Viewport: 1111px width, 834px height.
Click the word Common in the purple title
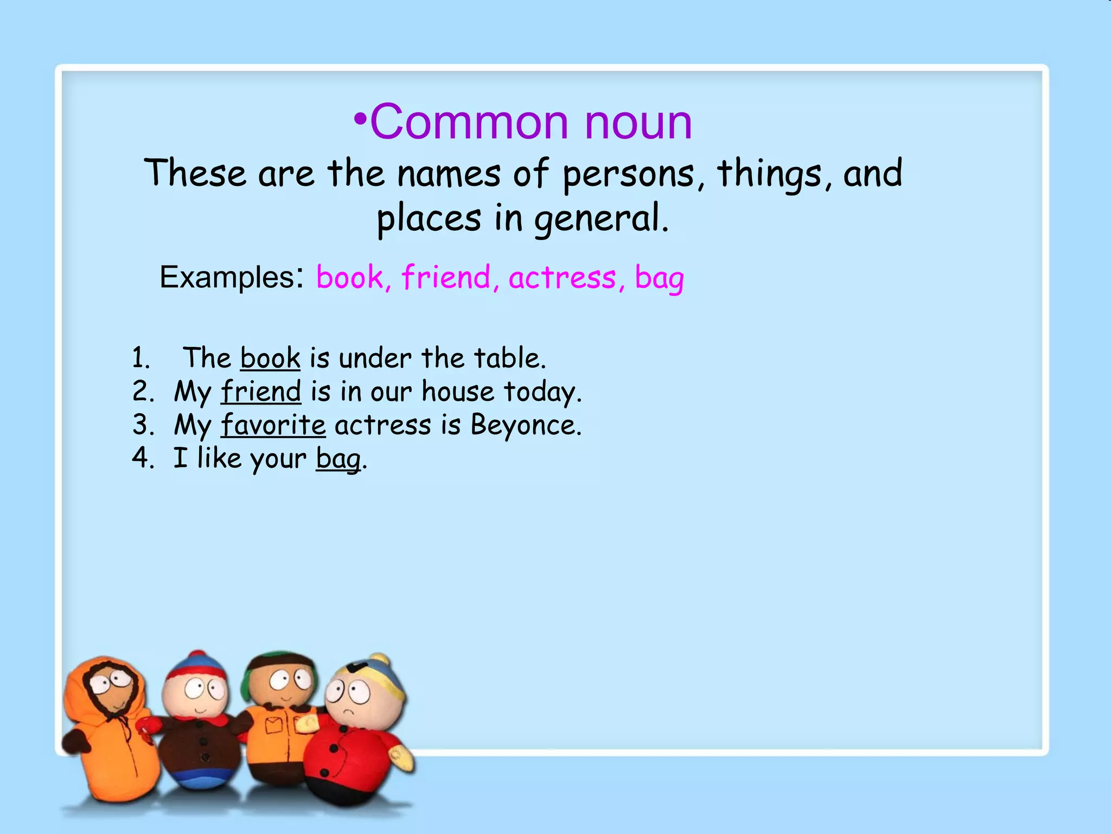point(469,122)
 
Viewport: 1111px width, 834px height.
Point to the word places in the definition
point(429,219)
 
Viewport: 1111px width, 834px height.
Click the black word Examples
point(227,277)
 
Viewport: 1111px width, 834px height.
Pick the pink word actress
point(562,277)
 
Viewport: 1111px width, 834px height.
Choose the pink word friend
point(445,277)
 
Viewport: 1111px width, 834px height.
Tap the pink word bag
point(659,278)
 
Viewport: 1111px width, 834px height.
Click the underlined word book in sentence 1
point(270,358)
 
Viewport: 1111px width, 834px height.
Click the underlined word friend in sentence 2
point(261,391)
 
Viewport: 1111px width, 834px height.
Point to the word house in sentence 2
point(458,391)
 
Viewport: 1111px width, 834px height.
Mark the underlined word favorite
point(273,425)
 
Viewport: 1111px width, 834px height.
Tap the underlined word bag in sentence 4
point(339,459)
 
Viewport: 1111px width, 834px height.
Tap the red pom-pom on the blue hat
point(198,656)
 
